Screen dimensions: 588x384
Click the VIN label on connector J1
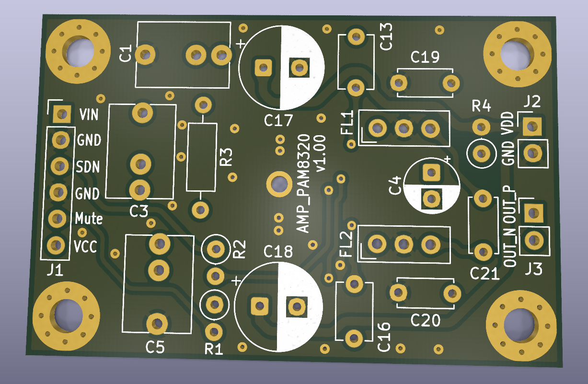coord(89,115)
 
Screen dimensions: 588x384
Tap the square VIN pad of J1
coord(62,114)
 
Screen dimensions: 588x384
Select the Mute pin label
coord(89,219)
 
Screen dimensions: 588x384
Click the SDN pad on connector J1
coord(60,166)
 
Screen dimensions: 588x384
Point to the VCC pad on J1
coord(56,245)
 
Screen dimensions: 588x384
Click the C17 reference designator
coord(278,120)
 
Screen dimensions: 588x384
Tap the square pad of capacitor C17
coord(263,68)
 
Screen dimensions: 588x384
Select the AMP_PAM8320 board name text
coord(303,184)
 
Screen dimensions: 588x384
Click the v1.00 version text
coord(321,154)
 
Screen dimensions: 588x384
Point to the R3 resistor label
coord(226,157)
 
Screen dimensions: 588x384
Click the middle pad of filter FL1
coord(404,128)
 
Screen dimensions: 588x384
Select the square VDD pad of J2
coord(532,127)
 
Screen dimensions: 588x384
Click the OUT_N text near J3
coord(510,248)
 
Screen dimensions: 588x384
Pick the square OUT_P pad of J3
coord(534,213)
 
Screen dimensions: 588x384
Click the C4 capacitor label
coord(395,186)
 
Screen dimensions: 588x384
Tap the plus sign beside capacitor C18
coord(236,281)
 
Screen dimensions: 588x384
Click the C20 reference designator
coord(425,321)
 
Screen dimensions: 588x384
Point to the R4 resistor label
coord(481,106)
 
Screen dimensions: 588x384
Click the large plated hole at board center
coord(279,184)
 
